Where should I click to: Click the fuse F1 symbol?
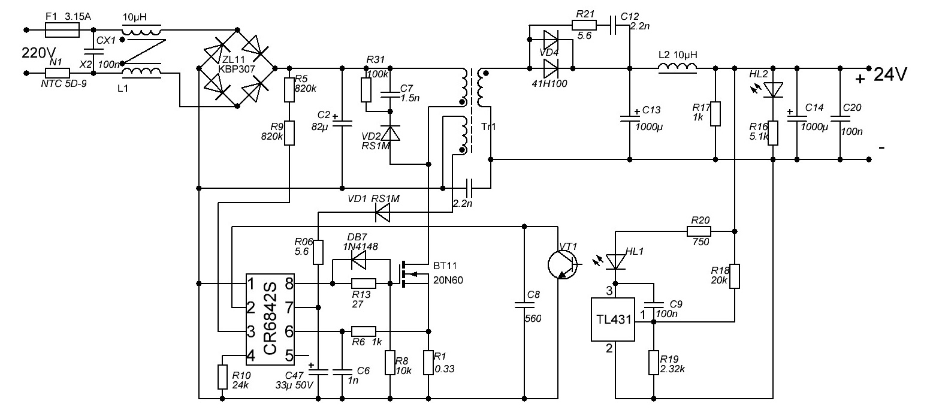point(62,30)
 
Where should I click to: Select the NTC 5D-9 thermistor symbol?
point(57,73)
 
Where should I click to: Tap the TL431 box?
point(612,319)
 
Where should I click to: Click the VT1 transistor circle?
point(563,264)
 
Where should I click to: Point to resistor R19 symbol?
point(653,363)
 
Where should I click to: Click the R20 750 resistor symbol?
point(699,231)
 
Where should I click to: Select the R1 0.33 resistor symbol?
point(428,363)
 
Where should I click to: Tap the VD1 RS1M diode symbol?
point(382,213)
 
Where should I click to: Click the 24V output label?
point(890,74)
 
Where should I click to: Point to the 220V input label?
point(38,53)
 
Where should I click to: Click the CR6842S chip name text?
point(270,319)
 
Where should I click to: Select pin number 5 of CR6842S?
point(289,355)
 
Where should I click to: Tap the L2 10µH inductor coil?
point(677,68)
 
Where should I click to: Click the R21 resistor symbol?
point(584,26)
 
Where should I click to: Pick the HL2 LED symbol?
point(772,89)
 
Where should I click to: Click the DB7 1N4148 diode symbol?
point(358,260)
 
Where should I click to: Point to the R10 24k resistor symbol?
point(222,376)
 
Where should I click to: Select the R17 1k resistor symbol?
point(715,113)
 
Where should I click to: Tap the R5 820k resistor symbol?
point(289,89)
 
